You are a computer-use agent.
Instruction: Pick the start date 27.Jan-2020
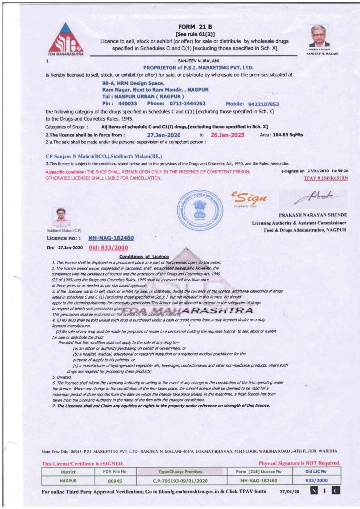click(164, 135)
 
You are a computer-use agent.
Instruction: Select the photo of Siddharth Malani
click(61, 217)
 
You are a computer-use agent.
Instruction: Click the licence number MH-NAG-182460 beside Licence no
click(111, 238)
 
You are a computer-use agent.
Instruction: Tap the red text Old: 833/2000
click(108, 247)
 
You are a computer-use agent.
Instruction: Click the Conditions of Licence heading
click(144, 256)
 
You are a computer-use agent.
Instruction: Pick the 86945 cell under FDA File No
click(115, 481)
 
